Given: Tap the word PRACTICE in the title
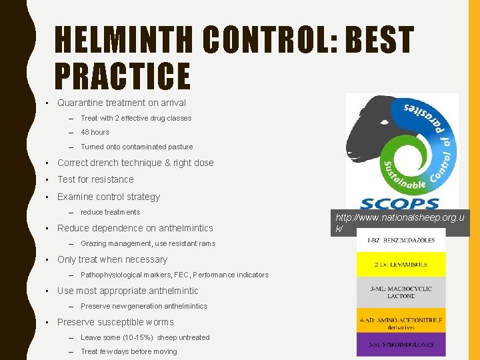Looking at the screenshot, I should pyautogui.click(x=122, y=76).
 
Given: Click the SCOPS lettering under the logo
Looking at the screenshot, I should pyautogui.click(x=400, y=203).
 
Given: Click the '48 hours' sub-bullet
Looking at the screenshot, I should pyautogui.click(x=95, y=132).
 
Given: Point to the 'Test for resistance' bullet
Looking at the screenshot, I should pyautogui.click(x=95, y=179).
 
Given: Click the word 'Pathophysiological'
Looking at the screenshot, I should pyautogui.click(x=110, y=275).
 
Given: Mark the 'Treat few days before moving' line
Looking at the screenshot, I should pyautogui.click(x=129, y=351).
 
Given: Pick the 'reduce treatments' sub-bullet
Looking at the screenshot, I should pyautogui.click(x=110, y=212).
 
